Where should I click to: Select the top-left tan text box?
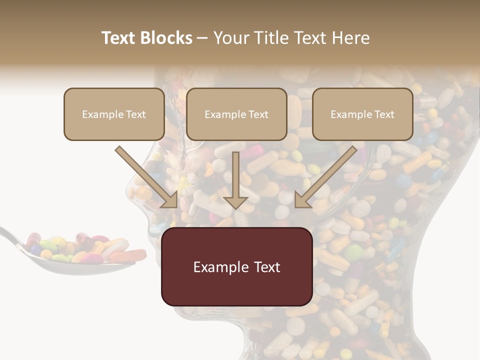coord(114,114)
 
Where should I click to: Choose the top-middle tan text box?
coord(236,114)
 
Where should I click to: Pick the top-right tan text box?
coord(362,114)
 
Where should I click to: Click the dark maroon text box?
coord(236,266)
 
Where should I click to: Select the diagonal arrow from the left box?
coord(146,176)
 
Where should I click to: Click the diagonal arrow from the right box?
coord(326,176)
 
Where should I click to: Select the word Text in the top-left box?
coord(136,114)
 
